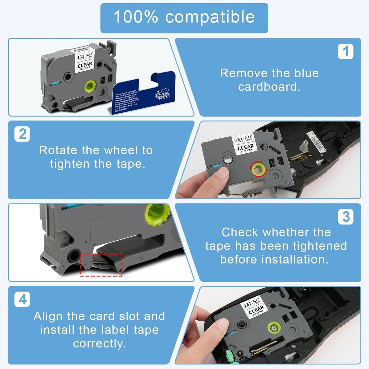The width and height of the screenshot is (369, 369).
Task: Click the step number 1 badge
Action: click(x=346, y=52)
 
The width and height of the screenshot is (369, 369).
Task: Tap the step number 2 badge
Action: click(x=22, y=134)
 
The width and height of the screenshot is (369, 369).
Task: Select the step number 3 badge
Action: click(x=346, y=217)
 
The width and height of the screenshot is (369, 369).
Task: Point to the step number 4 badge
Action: click(x=22, y=299)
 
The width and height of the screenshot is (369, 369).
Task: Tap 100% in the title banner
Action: click(x=136, y=17)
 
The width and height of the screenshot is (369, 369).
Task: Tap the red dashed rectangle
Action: click(x=101, y=265)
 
